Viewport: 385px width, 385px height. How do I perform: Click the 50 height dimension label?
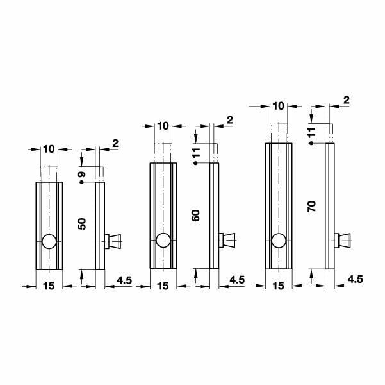click(82, 224)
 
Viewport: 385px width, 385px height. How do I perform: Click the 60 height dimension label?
click(195, 216)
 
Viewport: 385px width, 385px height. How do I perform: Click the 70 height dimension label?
click(311, 207)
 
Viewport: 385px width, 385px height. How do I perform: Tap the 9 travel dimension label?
click(82, 175)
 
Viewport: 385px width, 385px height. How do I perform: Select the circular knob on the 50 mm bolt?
click(49, 241)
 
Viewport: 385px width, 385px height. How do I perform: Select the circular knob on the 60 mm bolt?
click(163, 240)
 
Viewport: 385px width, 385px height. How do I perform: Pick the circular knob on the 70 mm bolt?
click(279, 241)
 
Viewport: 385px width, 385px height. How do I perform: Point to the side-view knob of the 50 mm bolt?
click(113, 241)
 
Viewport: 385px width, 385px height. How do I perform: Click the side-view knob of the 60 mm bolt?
click(227, 240)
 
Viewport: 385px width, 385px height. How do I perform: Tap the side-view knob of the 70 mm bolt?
click(342, 241)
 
